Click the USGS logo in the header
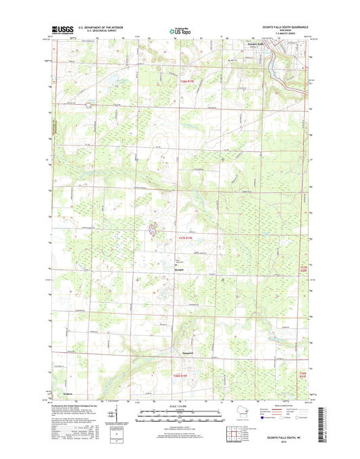[63, 30]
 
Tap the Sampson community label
[180, 352]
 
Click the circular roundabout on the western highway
[88, 105]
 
